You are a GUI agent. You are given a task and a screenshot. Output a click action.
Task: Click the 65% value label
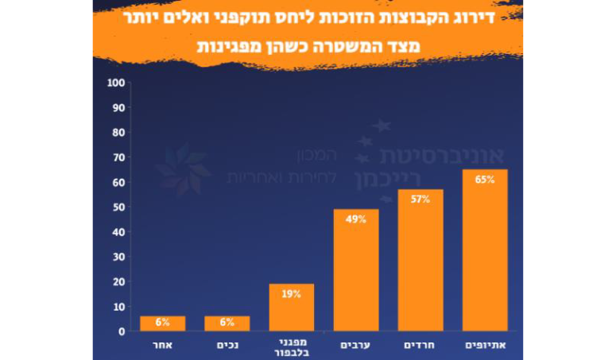[x=485, y=180]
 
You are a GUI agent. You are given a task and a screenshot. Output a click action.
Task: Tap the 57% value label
[x=420, y=199]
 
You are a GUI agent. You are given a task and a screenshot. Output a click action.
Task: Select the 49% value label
[x=356, y=219]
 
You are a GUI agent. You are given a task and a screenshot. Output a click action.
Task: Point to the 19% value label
[x=291, y=294]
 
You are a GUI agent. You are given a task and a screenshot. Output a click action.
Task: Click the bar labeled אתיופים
[x=485, y=250]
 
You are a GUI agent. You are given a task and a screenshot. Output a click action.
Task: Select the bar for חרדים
[x=420, y=260]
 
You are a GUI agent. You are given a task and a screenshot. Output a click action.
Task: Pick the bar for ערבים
[x=356, y=270]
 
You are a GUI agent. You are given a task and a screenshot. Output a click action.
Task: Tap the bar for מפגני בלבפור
[x=291, y=308]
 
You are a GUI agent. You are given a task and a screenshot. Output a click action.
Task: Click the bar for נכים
[x=227, y=323]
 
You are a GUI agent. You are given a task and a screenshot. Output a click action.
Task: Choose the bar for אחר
[x=163, y=323]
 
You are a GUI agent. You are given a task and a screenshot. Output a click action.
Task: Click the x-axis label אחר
[x=163, y=346]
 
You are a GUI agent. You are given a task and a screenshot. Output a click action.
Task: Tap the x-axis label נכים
[x=228, y=346]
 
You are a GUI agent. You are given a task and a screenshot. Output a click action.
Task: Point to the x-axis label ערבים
[x=355, y=346]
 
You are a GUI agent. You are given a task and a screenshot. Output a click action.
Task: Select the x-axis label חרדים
[x=420, y=346]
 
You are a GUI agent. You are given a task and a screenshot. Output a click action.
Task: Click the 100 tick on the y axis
[x=116, y=83]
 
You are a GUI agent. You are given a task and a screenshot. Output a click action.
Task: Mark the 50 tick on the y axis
[x=118, y=207]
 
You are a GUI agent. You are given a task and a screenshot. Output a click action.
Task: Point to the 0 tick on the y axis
[x=122, y=331]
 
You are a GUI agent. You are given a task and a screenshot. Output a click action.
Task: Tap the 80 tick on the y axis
[x=118, y=133]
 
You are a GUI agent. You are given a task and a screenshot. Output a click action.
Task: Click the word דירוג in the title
[x=475, y=18]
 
